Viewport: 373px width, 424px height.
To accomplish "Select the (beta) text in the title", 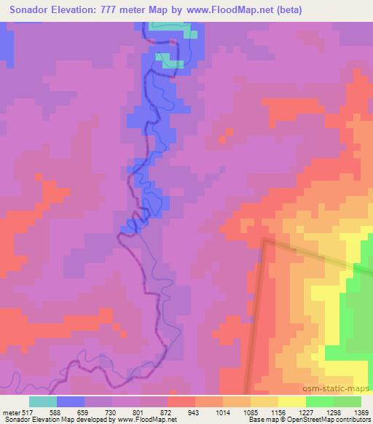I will [285, 9].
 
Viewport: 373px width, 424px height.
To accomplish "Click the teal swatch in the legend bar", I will [43, 401].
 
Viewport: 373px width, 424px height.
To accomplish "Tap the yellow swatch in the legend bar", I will [292, 401].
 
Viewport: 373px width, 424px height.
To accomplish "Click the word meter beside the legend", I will [10, 412].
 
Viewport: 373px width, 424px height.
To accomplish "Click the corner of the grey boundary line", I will [265, 241].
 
